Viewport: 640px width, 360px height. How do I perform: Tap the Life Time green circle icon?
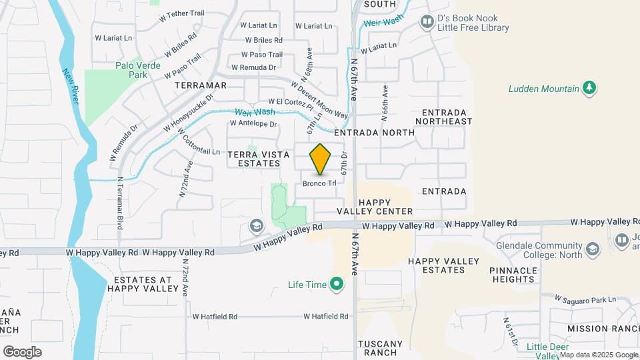point(337,285)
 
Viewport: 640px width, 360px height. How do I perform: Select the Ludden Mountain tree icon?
point(589,88)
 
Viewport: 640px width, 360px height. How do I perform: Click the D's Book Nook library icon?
point(427,23)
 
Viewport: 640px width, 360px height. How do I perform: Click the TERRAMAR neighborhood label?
point(200,86)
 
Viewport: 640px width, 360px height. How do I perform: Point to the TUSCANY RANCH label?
point(381,348)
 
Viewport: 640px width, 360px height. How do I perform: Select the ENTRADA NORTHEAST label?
point(443,117)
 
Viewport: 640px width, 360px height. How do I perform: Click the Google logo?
point(22,351)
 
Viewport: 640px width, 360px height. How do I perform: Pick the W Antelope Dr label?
point(253,123)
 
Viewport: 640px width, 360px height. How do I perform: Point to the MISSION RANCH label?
point(603,329)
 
